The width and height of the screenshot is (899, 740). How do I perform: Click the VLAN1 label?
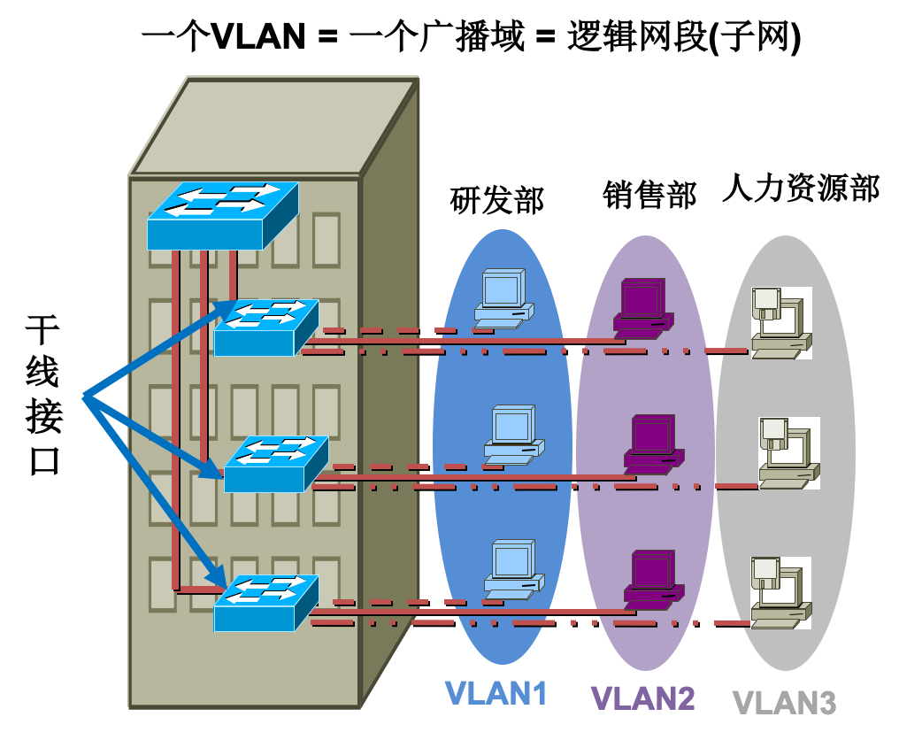click(x=496, y=692)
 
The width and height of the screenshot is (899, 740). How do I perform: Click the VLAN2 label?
click(x=642, y=698)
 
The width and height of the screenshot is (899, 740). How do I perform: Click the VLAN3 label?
click(x=784, y=702)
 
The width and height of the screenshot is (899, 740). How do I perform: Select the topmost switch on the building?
click(x=222, y=216)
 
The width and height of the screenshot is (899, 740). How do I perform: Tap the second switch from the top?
click(x=265, y=328)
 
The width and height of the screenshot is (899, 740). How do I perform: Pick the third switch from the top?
click(x=275, y=464)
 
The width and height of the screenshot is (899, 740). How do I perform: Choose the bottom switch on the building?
click(x=265, y=603)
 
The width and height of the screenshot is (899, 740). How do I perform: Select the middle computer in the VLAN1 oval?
click(x=511, y=435)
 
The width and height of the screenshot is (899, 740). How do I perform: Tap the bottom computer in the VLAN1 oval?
click(x=511, y=570)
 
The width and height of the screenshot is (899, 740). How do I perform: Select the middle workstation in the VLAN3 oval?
click(x=788, y=452)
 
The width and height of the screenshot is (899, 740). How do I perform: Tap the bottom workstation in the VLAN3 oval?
click(x=780, y=592)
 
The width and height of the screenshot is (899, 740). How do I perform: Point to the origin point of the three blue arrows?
click(x=84, y=396)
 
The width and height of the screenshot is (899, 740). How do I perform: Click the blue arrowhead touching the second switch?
click(x=227, y=307)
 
